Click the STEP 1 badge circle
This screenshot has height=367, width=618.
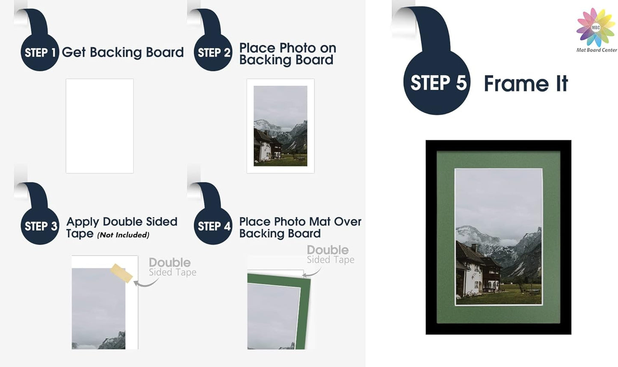tap(40, 53)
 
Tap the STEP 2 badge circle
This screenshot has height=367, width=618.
tap(213, 53)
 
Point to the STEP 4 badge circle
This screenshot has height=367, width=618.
tap(213, 226)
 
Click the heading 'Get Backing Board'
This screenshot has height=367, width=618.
tap(123, 52)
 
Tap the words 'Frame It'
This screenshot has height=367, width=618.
tap(526, 83)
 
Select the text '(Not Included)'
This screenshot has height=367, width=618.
tap(123, 235)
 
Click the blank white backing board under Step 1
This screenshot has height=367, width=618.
tap(100, 126)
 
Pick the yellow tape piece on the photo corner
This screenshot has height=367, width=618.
tap(121, 273)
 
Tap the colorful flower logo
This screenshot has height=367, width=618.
tap(595, 27)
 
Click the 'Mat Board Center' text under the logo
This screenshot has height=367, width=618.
tap(597, 50)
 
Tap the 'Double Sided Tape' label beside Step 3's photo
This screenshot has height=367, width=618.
tap(172, 267)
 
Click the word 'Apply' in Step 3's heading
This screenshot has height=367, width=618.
tap(83, 222)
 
